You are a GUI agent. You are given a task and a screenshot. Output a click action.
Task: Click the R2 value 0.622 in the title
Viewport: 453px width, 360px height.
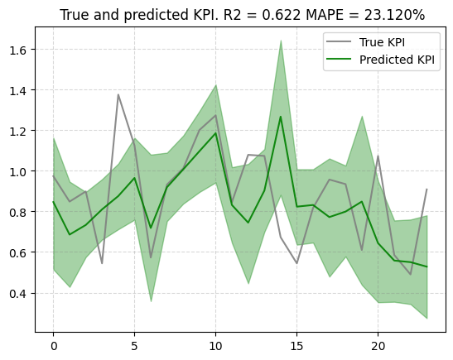282,15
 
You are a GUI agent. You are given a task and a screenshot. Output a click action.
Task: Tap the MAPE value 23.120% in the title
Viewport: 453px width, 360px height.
394,15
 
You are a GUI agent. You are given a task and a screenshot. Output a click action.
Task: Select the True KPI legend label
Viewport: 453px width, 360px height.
382,42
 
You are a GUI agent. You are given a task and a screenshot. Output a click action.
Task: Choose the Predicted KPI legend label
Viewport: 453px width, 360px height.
397,60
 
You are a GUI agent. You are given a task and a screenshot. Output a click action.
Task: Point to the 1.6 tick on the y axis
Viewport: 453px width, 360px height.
18,50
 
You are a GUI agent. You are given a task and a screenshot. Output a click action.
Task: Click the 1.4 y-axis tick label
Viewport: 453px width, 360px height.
18,91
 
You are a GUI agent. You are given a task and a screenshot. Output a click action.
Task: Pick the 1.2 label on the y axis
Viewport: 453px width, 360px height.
18,132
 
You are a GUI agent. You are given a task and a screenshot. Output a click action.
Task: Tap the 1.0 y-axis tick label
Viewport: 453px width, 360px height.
18,172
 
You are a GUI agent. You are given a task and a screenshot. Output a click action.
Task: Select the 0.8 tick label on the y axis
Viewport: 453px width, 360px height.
18,213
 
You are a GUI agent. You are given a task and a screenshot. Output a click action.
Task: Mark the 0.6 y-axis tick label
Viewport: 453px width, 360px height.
18,253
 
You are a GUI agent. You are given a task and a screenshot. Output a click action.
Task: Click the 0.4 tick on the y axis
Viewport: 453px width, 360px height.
18,294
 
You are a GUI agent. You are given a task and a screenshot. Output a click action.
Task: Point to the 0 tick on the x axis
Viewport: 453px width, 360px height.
54,346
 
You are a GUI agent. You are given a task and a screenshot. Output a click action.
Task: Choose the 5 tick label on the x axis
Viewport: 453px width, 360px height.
135,346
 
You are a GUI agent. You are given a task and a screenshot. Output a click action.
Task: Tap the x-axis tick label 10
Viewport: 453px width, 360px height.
216,346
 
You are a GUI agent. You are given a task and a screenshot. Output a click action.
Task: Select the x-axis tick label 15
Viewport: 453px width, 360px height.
297,346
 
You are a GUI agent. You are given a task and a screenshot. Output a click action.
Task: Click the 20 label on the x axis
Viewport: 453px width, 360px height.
378,346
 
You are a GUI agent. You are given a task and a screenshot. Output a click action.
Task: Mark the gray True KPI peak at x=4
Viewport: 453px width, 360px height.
118,94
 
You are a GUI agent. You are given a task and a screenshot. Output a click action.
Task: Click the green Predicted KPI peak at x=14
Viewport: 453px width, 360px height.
280,117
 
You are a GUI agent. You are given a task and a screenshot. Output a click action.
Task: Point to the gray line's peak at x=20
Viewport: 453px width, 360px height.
378,156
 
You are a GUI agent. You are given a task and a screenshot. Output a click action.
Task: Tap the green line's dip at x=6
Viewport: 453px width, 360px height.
151,228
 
